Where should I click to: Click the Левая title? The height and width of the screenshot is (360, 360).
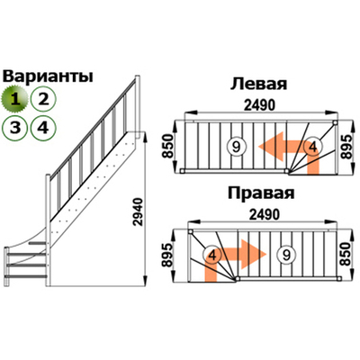[x=258, y=85]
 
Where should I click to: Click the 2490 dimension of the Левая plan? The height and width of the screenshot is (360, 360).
[x=259, y=106]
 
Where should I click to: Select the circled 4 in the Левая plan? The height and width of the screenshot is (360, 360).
[x=312, y=146]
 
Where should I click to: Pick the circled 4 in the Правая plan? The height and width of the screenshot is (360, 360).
[x=212, y=256]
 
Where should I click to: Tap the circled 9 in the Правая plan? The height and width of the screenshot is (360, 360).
[x=285, y=256]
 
